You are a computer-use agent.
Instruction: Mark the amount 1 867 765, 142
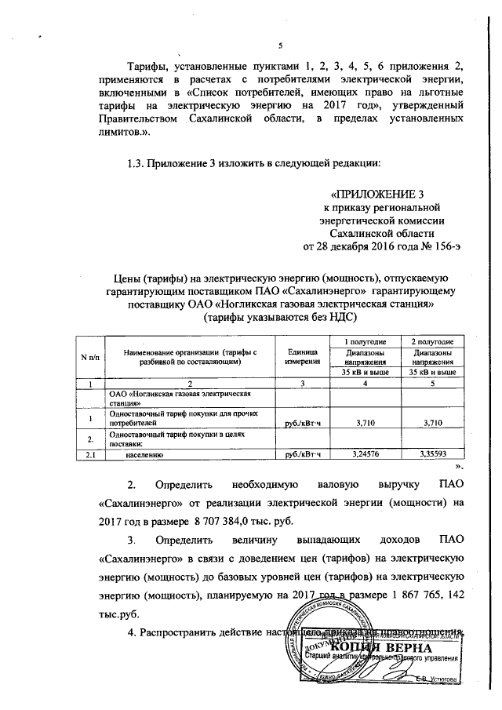(413, 595)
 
